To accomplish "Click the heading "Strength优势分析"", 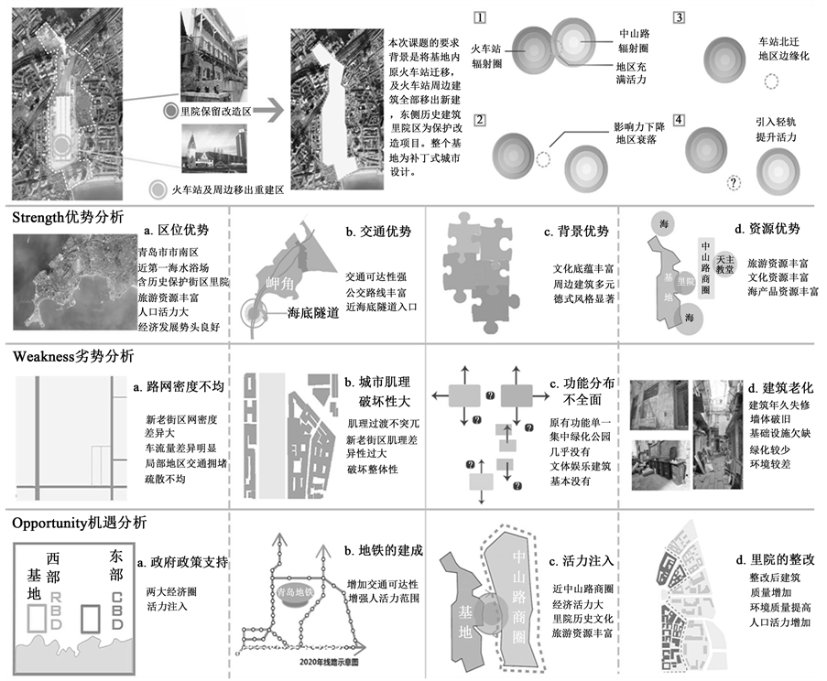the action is (68, 219).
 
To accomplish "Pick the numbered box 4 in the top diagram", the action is (678, 120).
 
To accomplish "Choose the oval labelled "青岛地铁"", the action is (295, 593).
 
